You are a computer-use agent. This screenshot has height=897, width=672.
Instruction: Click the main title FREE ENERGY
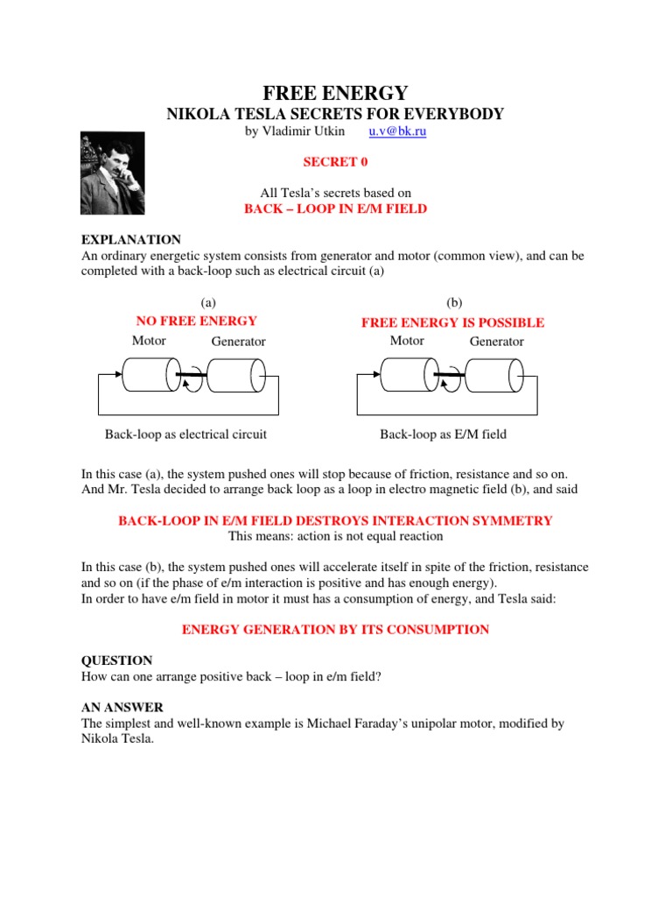[x=335, y=93]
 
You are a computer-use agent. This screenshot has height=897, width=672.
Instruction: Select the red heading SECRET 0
[x=335, y=162]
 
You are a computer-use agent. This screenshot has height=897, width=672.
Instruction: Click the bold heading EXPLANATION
[x=130, y=239]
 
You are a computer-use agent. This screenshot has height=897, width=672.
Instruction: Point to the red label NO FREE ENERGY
[x=197, y=321]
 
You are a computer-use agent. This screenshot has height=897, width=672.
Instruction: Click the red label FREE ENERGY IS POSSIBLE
[x=452, y=322]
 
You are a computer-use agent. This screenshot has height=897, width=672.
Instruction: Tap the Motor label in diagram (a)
[x=149, y=340]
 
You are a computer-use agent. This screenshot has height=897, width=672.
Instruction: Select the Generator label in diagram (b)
[x=497, y=341]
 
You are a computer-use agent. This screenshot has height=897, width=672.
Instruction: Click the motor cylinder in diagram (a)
[x=150, y=376]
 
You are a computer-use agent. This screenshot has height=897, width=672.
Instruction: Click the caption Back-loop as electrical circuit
[x=185, y=434]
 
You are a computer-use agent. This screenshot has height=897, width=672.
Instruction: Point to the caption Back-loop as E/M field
[x=443, y=434]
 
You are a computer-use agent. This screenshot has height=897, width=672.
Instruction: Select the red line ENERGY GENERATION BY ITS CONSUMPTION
[x=335, y=630]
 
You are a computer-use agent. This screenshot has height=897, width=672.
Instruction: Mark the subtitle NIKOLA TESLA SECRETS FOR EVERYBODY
[x=335, y=114]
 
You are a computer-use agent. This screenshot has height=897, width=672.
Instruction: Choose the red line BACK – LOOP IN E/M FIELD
[x=335, y=209]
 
